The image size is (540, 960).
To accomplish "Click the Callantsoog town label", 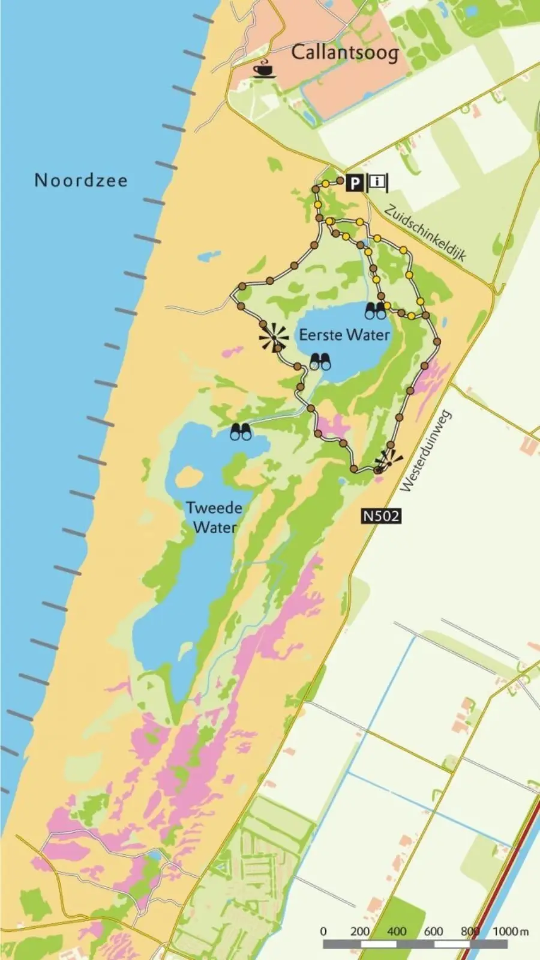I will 344,53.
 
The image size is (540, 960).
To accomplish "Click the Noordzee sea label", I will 81,180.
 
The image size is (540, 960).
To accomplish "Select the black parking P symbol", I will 355,181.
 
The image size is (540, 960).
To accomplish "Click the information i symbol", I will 377,181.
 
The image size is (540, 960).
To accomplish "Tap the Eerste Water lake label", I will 344,335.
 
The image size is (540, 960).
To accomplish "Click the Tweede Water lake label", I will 214,517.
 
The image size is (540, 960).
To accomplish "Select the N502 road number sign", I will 380,515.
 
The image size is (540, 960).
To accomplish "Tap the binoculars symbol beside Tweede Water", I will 242,432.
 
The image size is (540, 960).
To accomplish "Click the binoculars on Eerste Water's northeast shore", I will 376,311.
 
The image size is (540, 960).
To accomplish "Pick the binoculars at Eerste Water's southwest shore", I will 320,362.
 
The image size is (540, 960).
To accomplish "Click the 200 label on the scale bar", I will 360,931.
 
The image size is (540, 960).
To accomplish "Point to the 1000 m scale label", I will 510,931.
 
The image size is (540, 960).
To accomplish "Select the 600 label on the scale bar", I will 433,931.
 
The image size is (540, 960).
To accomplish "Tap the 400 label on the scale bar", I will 397,931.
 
